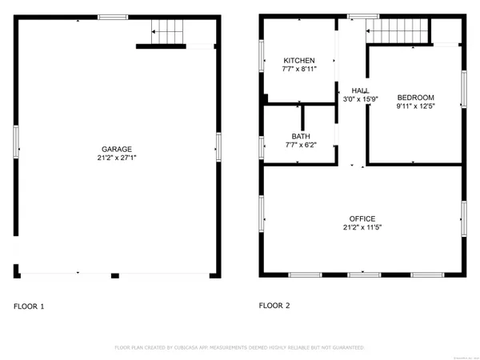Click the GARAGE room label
pos(116,149)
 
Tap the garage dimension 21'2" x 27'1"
pos(116,158)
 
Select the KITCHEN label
pos(299,61)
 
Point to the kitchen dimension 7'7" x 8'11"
pos(299,70)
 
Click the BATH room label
pos(300,136)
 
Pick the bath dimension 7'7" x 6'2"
pos(300,145)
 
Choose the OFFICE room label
pos(362,218)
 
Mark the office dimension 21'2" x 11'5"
pos(362,228)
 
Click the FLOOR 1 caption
pos(30,306)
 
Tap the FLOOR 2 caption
pos(275,306)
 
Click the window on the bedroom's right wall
pos(463,89)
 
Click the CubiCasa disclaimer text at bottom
pos(240,348)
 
